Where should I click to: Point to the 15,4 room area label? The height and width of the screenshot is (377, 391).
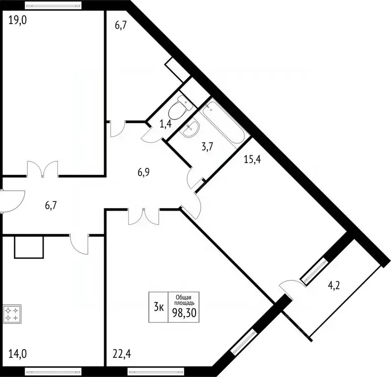coord(254,158)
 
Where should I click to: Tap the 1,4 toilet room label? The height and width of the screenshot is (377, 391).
coord(165,124)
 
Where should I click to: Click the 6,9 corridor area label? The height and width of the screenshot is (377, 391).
coord(144,172)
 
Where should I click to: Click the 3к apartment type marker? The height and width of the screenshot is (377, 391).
coord(158,307)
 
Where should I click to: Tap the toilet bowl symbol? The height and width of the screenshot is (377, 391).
coord(183,104)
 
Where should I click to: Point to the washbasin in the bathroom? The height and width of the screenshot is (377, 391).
coord(190,129)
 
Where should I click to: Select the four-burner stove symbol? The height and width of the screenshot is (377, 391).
coord(12,313)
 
